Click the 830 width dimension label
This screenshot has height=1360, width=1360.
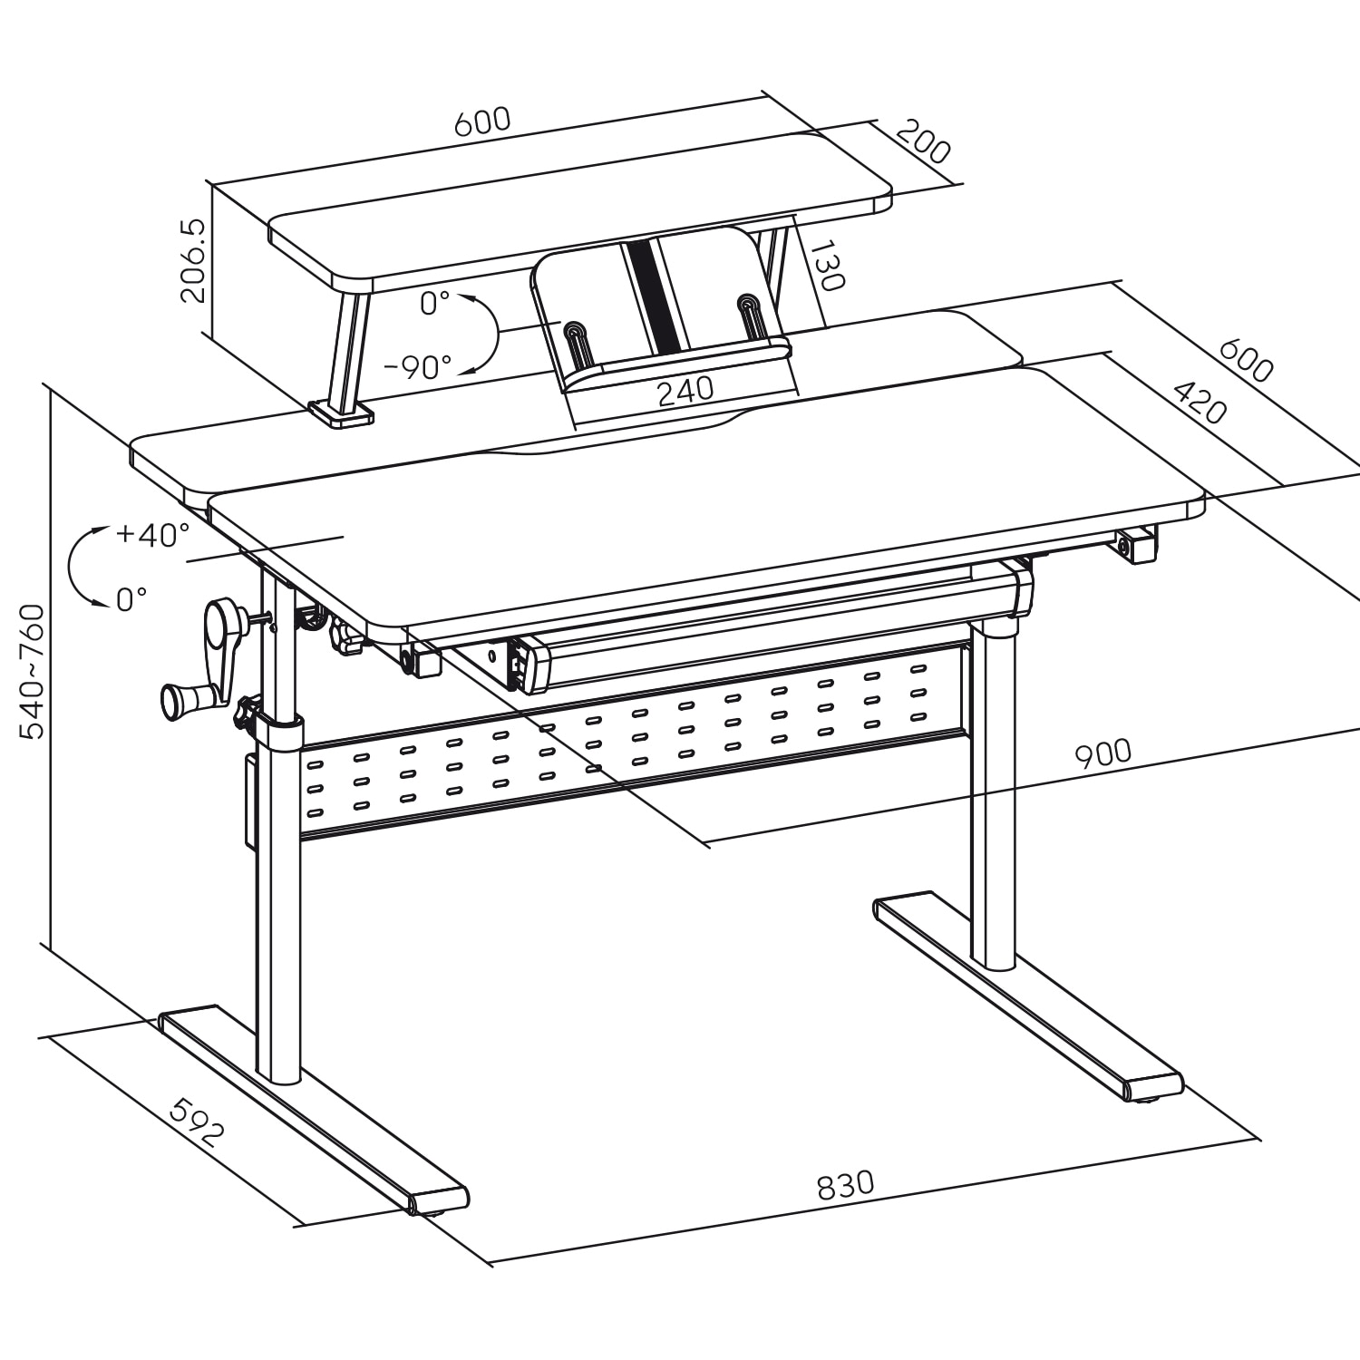tap(845, 1184)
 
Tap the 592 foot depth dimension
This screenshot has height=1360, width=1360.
tap(197, 1122)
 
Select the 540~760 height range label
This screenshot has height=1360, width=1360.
tap(33, 671)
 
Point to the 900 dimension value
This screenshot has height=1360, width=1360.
tap(1103, 753)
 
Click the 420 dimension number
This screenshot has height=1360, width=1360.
tap(1200, 403)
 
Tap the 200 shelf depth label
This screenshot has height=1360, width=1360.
tap(923, 141)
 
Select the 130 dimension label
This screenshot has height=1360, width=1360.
tap(826, 265)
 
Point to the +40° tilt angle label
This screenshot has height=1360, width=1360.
tap(152, 534)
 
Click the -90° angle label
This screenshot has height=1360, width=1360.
tap(417, 367)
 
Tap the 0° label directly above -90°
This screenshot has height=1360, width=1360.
tap(435, 304)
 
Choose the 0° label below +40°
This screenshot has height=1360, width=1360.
tap(131, 599)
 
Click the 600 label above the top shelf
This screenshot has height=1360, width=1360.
tap(482, 121)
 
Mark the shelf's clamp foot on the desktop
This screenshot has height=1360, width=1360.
tap(341, 413)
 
